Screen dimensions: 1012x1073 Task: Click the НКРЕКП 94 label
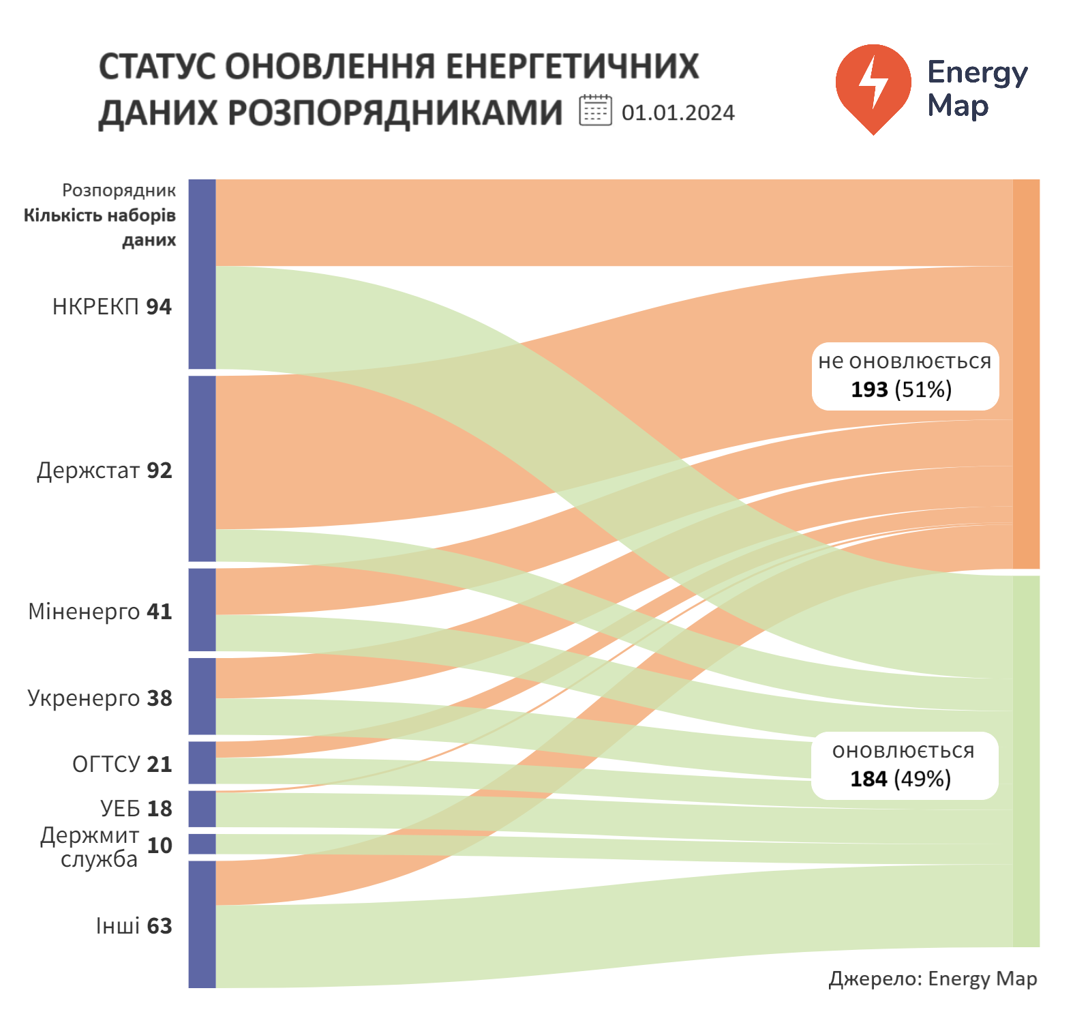112,307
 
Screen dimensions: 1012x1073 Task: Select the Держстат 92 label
104,471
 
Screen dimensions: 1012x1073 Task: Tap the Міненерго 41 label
100,612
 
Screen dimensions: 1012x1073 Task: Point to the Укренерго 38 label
100,698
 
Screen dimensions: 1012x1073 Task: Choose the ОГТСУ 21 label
122,764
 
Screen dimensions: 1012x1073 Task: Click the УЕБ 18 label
136,808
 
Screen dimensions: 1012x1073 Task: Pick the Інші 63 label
134,926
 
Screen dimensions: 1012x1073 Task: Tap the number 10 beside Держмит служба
160,846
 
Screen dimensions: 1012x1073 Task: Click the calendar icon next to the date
595,110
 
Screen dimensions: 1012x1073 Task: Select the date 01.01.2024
678,113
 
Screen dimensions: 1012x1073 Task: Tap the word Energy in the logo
977,72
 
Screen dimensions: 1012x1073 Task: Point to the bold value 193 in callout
869,389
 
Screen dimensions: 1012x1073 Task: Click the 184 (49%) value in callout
901,779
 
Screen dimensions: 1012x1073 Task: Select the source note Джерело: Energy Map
933,979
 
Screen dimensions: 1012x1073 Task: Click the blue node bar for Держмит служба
202,844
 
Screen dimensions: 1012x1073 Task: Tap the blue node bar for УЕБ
202,809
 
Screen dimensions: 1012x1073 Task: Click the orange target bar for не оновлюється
1026,374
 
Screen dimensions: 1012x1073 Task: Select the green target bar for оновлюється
1026,761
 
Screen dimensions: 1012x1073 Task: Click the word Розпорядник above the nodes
119,190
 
